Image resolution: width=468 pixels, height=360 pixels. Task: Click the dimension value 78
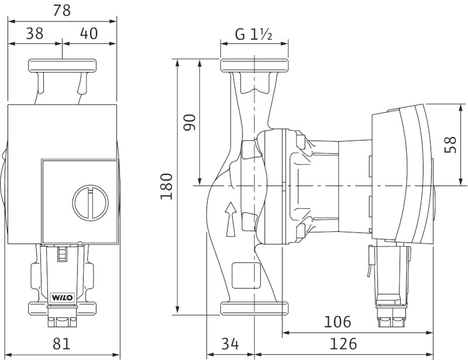click(x=62, y=11)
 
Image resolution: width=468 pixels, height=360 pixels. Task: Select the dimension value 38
click(x=35, y=33)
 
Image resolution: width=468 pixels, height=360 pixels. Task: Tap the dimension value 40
click(x=89, y=33)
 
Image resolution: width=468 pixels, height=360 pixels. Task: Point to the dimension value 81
click(x=61, y=344)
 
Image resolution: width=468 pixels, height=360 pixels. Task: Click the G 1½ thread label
click(x=254, y=35)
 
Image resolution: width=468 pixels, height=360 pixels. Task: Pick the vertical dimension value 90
click(x=189, y=122)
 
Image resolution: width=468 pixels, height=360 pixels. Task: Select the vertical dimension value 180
click(x=166, y=186)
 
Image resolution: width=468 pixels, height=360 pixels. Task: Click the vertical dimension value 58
click(x=450, y=145)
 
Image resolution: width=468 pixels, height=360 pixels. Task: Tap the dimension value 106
click(x=338, y=322)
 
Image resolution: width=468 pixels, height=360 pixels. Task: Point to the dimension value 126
click(x=343, y=344)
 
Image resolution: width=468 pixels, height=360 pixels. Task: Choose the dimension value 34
click(x=230, y=344)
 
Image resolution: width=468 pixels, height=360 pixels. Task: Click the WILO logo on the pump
click(x=62, y=297)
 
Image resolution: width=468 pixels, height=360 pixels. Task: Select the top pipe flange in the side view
click(x=254, y=66)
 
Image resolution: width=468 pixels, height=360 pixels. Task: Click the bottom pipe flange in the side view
click(x=254, y=308)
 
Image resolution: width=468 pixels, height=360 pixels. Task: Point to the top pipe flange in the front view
click(x=63, y=66)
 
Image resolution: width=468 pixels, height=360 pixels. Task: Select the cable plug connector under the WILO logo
click(x=62, y=316)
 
